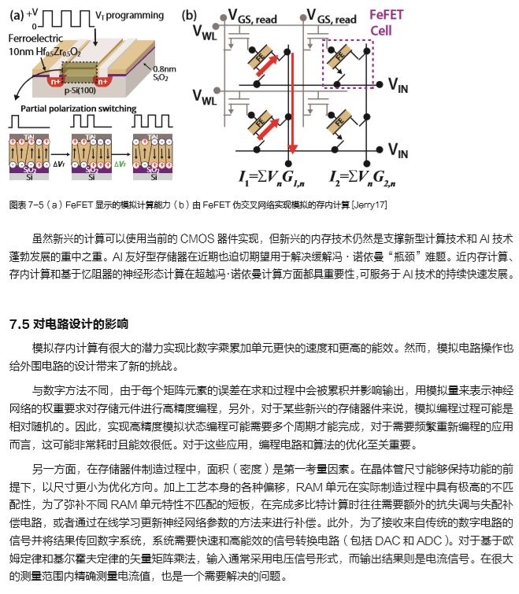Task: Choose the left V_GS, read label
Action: (x=252, y=15)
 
